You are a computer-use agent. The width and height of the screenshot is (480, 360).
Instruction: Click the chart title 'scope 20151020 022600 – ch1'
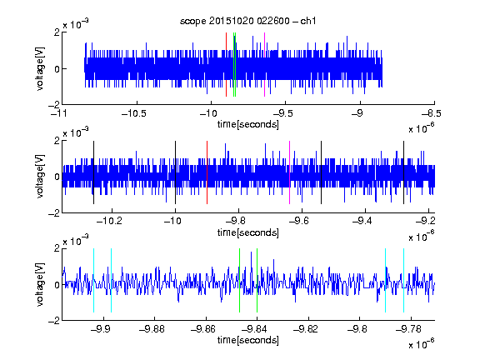(247, 21)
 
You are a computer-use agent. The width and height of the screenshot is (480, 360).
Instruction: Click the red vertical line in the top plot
(226, 65)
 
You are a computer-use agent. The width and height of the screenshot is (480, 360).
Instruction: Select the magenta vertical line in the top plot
(264, 65)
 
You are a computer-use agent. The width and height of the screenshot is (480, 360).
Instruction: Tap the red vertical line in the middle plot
(207, 172)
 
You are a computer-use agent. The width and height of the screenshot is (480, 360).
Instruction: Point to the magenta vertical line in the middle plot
(290, 172)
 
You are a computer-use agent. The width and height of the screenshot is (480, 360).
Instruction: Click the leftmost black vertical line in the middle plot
(93, 172)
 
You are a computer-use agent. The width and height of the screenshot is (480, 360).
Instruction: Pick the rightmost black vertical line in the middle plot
(403, 172)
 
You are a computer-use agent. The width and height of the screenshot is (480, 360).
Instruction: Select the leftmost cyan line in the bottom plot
(93, 280)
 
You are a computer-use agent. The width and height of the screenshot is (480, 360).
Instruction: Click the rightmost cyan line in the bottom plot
(403, 280)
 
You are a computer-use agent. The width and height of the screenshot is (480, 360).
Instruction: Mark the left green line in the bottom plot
(239, 280)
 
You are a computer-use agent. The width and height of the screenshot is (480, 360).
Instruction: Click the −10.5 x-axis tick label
(134, 114)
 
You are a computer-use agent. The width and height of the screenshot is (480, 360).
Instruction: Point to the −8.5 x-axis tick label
(432, 114)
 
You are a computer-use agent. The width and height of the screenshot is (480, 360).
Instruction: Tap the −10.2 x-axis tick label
(109, 221)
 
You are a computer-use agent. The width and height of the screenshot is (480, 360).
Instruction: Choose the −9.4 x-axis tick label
(362, 221)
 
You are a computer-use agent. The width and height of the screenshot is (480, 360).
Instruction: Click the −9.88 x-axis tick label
(152, 329)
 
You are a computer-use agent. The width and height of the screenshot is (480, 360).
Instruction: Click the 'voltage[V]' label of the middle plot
(40, 176)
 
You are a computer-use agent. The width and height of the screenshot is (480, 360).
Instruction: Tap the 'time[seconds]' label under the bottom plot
(248, 340)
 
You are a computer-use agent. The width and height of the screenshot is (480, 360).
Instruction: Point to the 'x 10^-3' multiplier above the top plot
(76, 24)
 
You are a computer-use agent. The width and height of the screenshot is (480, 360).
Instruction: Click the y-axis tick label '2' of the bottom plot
(57, 248)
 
